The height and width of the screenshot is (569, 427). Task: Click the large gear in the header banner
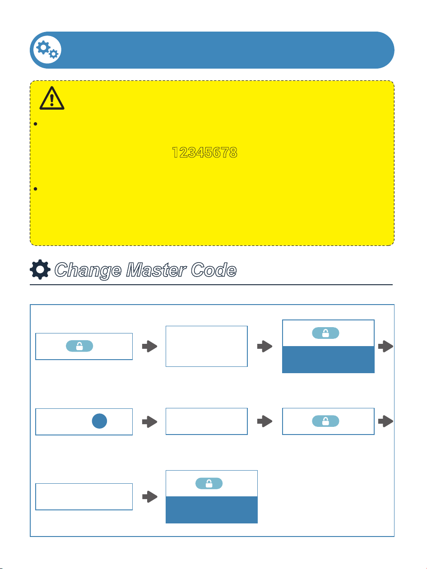43,47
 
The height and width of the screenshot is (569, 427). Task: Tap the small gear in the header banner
54,54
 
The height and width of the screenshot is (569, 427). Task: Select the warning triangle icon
52,98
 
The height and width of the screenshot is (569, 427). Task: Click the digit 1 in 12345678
175,152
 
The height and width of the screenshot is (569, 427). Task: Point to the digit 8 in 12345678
233,152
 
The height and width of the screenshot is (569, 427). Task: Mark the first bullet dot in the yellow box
36,124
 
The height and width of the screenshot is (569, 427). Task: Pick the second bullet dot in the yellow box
36,189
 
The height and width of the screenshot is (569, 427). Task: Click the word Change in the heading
88,270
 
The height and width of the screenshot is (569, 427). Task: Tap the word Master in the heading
156,270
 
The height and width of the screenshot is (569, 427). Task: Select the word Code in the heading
213,270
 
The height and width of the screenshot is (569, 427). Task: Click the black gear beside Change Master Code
40,269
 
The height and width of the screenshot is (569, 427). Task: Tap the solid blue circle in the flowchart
100,421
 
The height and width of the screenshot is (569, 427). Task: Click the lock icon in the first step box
79,346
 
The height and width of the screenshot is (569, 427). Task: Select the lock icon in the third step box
325,333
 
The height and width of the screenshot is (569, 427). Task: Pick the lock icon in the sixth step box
325,421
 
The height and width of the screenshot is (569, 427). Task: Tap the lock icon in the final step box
209,483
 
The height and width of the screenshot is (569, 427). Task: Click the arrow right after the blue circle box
149,422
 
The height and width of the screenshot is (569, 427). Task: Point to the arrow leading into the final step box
150,497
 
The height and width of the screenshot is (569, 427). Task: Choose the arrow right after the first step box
149,347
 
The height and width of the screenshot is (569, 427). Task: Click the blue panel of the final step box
212,509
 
